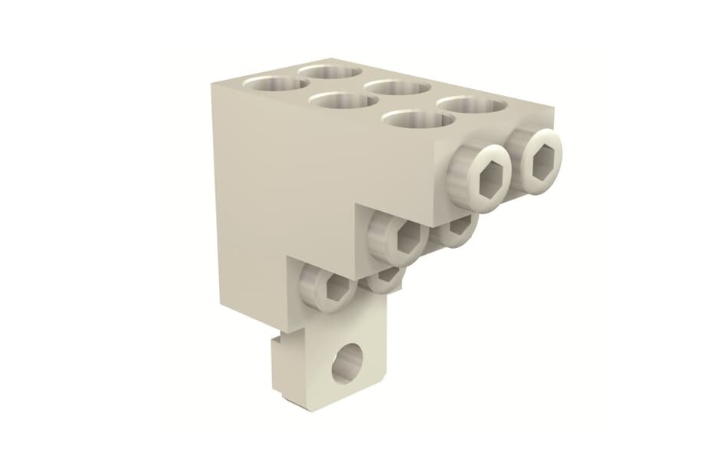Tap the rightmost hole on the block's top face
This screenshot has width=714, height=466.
pos(471,108)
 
